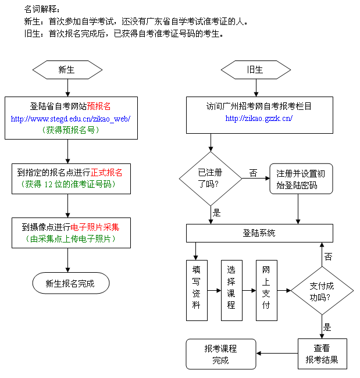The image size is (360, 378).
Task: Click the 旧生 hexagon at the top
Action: click(255, 70)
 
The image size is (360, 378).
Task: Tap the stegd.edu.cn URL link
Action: click(70, 119)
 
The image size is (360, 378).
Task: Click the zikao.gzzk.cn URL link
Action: click(258, 119)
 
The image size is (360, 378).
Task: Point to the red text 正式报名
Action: click(106, 173)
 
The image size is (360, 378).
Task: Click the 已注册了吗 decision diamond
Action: click(211, 178)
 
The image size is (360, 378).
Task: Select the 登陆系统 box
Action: click(259, 233)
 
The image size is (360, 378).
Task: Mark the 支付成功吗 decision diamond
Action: click(321, 288)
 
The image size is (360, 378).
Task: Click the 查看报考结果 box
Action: click(322, 354)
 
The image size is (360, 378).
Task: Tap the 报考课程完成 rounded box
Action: click(220, 354)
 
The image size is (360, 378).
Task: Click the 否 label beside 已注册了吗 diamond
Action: click(253, 173)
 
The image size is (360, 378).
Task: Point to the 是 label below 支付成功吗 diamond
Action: click(327, 327)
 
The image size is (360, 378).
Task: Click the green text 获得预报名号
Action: click(70, 130)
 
